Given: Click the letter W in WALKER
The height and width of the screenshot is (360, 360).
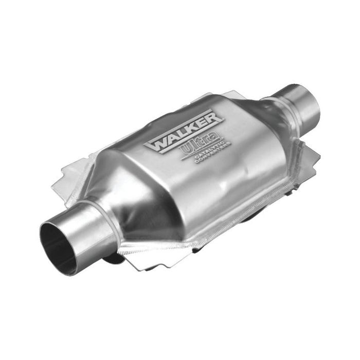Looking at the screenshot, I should [155, 144].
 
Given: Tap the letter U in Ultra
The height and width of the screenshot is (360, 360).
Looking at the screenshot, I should [187, 150].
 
